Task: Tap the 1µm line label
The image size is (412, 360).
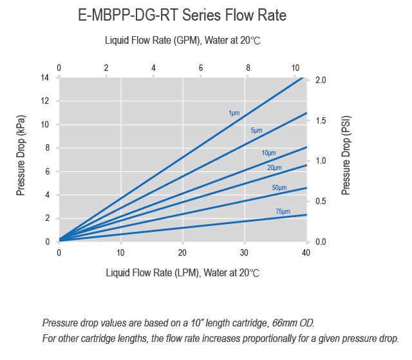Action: click(234, 113)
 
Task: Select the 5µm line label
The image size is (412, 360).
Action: click(256, 131)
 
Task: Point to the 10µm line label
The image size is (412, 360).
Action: click(268, 153)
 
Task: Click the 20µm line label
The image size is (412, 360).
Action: click(274, 168)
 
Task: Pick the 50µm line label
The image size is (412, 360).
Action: click(279, 187)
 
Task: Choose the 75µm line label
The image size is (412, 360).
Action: click(282, 211)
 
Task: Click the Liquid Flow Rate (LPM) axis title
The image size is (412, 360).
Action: click(182, 272)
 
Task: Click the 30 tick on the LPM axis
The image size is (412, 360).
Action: click(245, 252)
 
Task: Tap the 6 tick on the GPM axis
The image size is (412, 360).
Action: click(201, 68)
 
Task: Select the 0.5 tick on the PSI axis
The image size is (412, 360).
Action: click(321, 202)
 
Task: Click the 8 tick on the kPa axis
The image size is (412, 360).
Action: click(46, 148)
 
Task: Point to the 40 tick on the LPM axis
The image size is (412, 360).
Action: click(306, 252)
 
